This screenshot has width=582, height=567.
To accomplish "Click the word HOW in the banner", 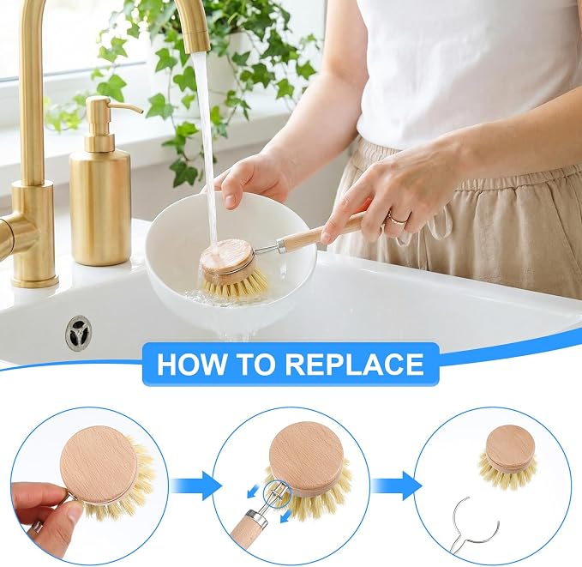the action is pyautogui.click(x=191, y=364).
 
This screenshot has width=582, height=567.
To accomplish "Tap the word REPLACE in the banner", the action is pyautogui.click(x=355, y=364).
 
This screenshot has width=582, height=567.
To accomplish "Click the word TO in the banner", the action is pyautogui.click(x=255, y=364).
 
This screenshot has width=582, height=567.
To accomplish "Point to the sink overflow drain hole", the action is pyautogui.click(x=78, y=332).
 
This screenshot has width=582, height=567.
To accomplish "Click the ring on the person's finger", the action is pyautogui.click(x=397, y=219).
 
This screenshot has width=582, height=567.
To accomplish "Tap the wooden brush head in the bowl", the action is pyautogui.click(x=226, y=257).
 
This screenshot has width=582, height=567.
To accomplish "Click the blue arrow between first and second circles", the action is pyautogui.click(x=196, y=486).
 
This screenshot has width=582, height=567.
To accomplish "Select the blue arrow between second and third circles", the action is pyautogui.click(x=396, y=486).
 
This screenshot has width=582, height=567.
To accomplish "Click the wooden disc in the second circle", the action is pyautogui.click(x=307, y=458).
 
